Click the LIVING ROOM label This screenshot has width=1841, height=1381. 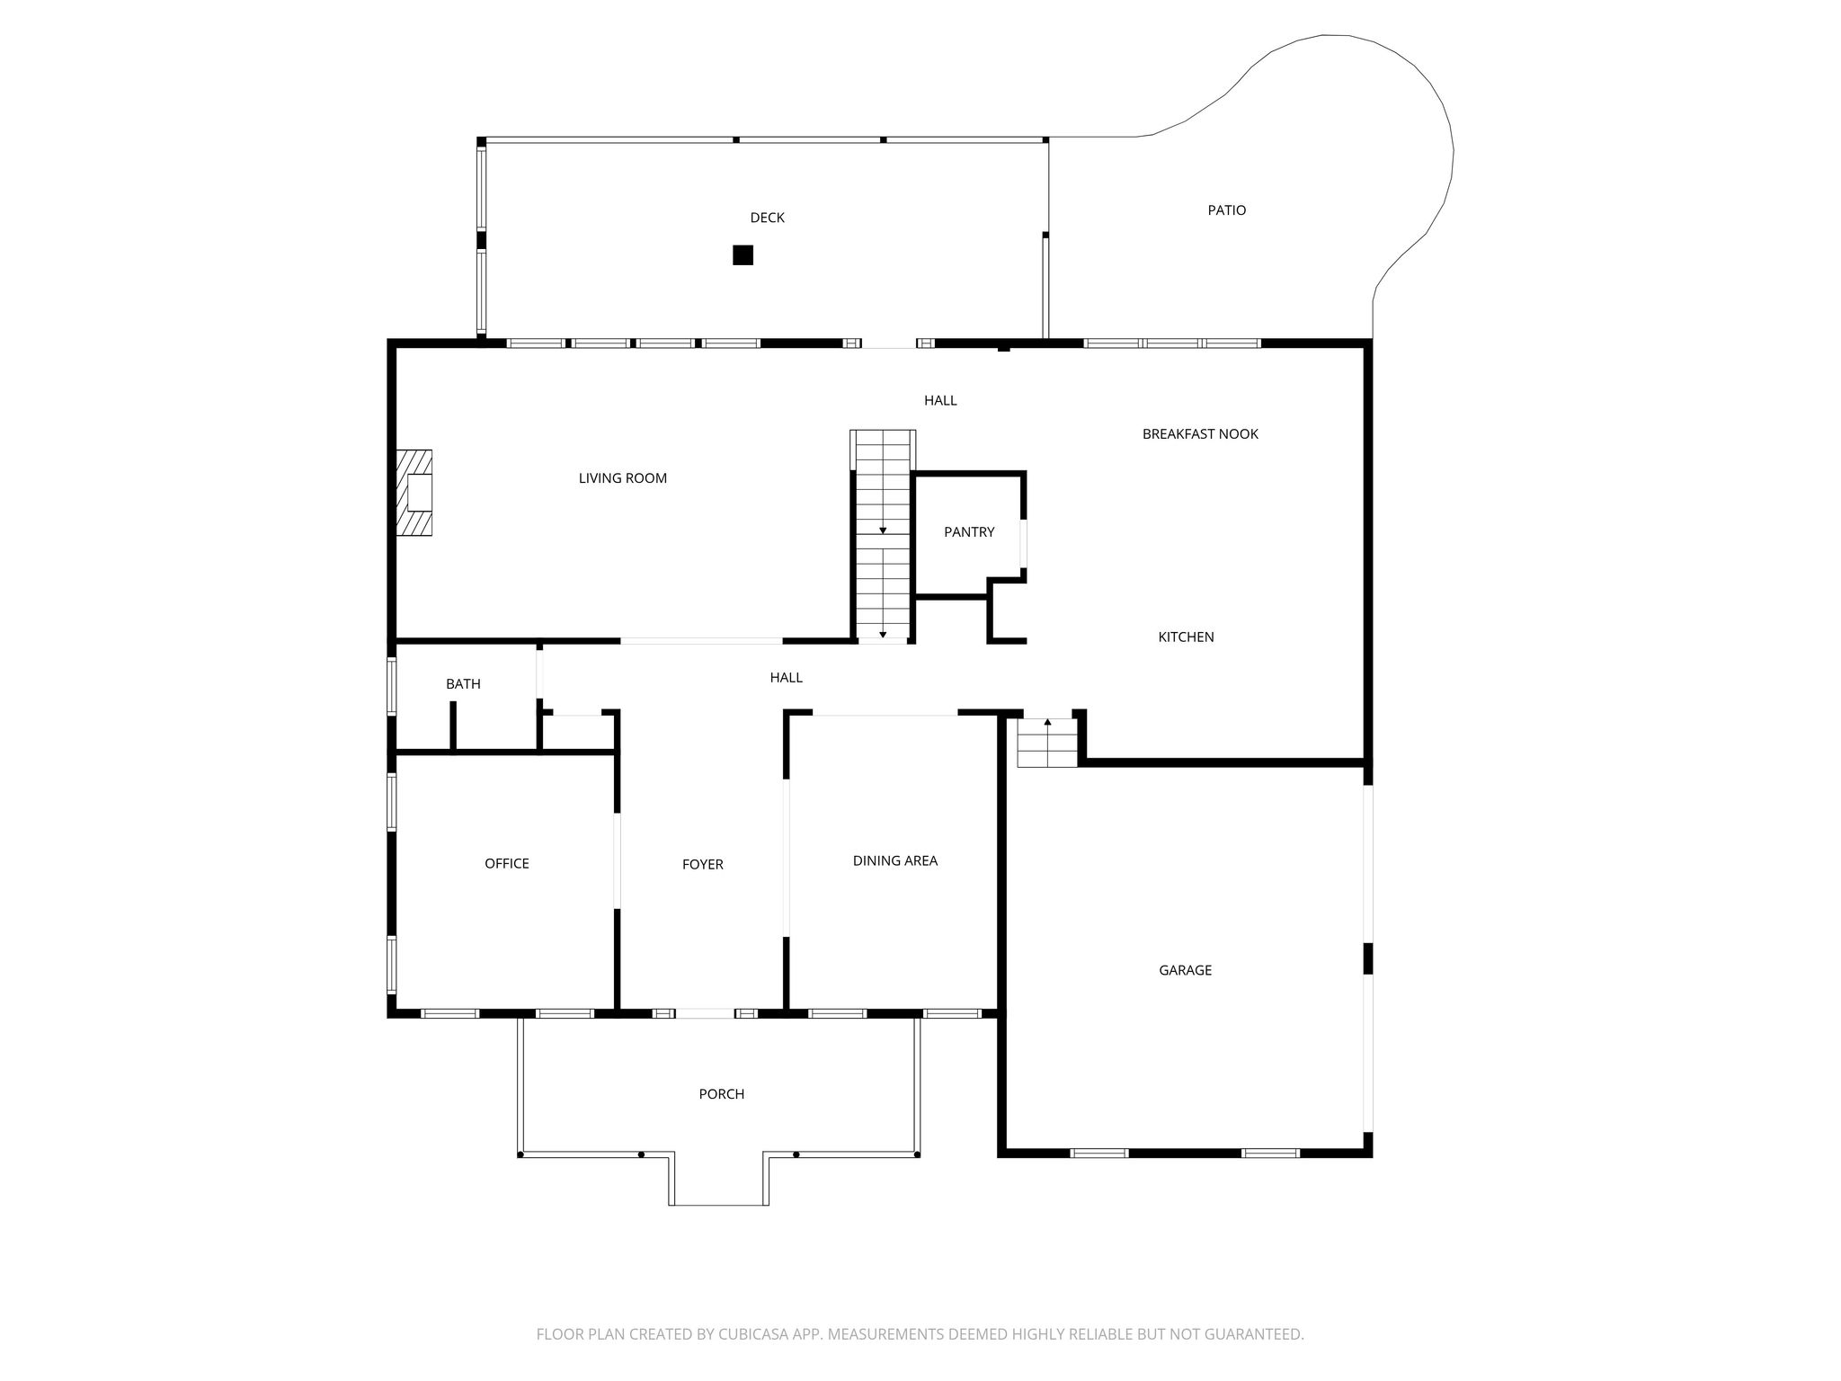coord(623,478)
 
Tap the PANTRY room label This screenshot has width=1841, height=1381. coord(969,532)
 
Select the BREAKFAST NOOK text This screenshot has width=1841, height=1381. coord(1200,434)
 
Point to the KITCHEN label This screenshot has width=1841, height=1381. coord(1186,637)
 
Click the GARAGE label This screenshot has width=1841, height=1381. coord(1186,970)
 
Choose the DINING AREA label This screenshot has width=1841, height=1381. coord(895,861)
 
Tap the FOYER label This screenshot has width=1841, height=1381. coord(703,865)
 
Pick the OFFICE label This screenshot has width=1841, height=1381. coord(507,864)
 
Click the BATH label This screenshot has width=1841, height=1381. coord(463,684)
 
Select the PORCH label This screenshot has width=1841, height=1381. coord(722,1094)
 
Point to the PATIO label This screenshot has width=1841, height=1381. coord(1227,210)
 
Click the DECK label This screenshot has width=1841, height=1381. coord(768,218)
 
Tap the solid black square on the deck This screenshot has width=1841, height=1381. coord(743,255)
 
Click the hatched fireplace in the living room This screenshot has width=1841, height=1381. coord(416,493)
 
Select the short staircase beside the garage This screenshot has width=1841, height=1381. coord(1047,743)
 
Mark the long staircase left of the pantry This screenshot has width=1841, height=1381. coord(883,536)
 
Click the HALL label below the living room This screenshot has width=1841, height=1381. coord(787,678)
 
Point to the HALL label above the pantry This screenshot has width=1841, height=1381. coord(940,401)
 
